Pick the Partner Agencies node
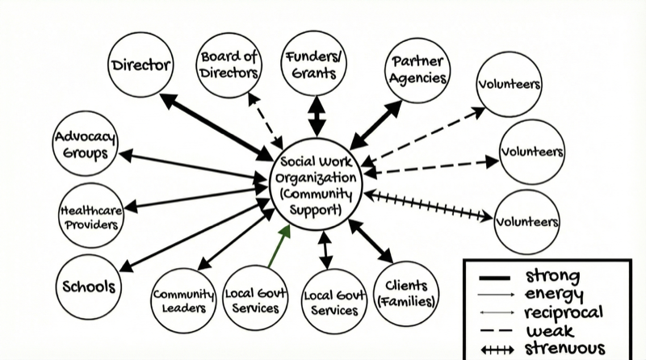417,70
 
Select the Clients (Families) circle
407,295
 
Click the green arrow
275,247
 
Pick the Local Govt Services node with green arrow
252,299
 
